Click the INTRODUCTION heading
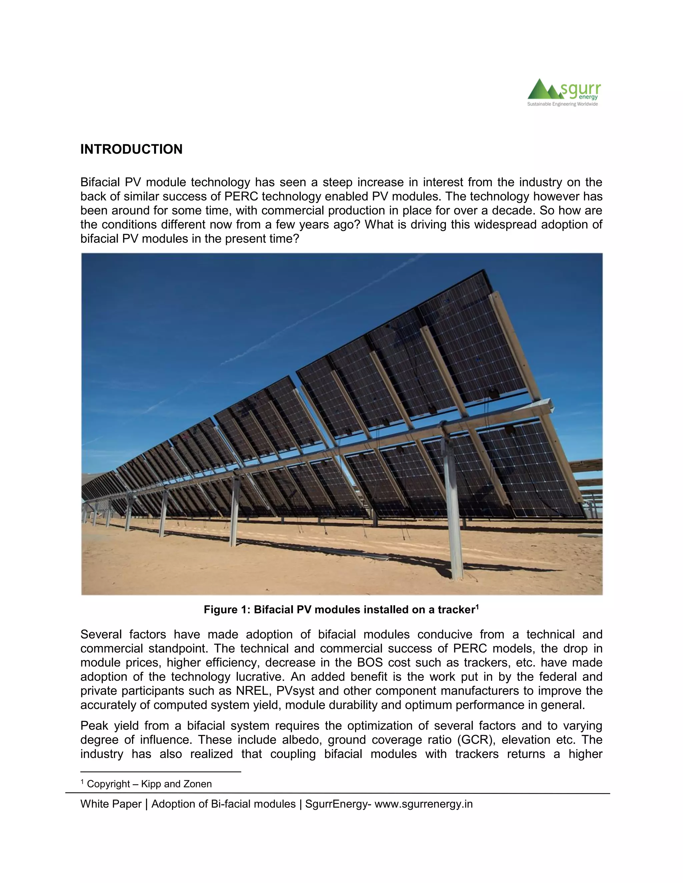coord(131,149)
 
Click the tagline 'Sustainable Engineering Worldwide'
coord(562,104)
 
